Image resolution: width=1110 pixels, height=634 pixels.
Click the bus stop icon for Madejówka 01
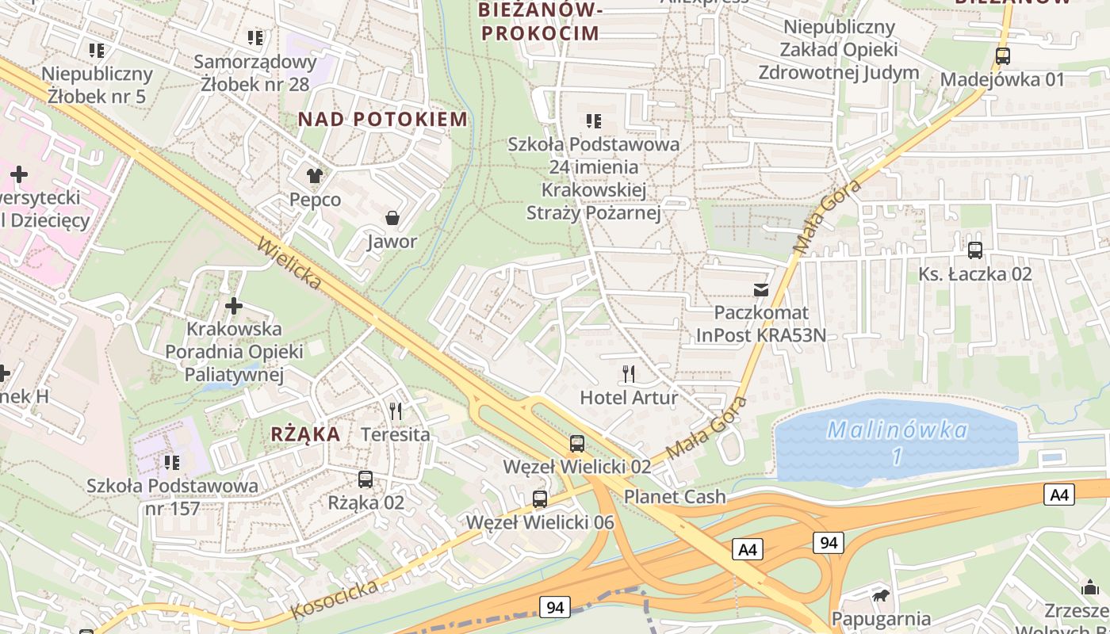[x=1002, y=56]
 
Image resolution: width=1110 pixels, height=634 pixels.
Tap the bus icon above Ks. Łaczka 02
[x=974, y=250]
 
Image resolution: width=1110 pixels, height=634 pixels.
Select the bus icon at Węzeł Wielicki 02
[x=577, y=444]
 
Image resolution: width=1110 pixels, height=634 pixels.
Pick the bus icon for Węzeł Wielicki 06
[x=540, y=499]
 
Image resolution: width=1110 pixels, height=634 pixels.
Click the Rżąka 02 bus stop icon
[x=366, y=479]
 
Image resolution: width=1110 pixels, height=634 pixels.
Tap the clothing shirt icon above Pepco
[x=315, y=176]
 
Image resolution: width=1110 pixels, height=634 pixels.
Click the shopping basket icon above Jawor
[x=392, y=217]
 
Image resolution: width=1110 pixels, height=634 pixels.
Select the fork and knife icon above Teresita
[x=396, y=411]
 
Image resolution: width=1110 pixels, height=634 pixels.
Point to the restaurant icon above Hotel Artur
[x=629, y=374]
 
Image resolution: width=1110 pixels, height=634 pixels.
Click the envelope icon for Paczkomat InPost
[x=761, y=290]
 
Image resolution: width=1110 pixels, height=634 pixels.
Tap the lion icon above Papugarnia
[x=880, y=595]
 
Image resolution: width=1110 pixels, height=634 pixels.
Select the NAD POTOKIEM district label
[x=383, y=120]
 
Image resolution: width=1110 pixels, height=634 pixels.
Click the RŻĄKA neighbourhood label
[x=305, y=434]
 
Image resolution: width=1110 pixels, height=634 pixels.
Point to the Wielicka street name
[x=289, y=262]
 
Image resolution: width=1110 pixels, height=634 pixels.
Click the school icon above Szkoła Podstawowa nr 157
[x=171, y=462]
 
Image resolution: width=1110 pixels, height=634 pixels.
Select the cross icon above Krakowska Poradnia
[x=234, y=305]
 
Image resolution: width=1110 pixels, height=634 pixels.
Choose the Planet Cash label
[x=675, y=497]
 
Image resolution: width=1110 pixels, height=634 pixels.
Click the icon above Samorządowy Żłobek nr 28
[x=255, y=37]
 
